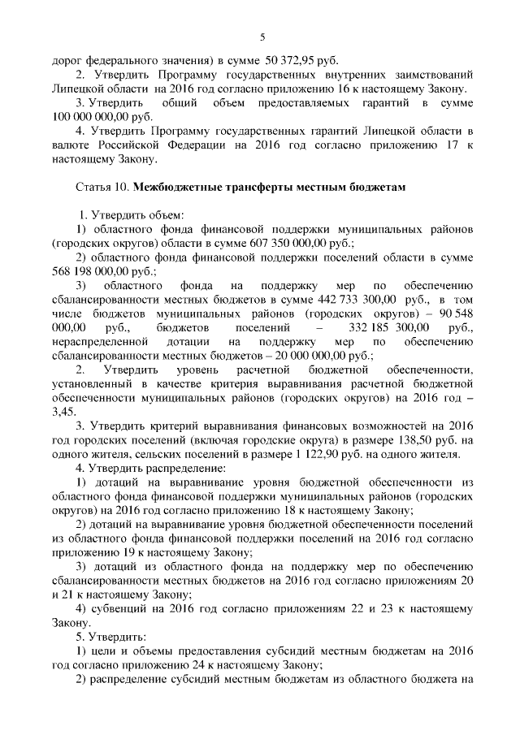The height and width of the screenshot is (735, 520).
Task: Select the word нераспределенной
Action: (x=100, y=342)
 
